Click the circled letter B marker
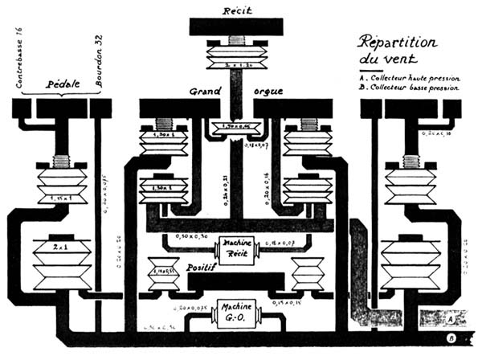pyautogui.click(x=451, y=338)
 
